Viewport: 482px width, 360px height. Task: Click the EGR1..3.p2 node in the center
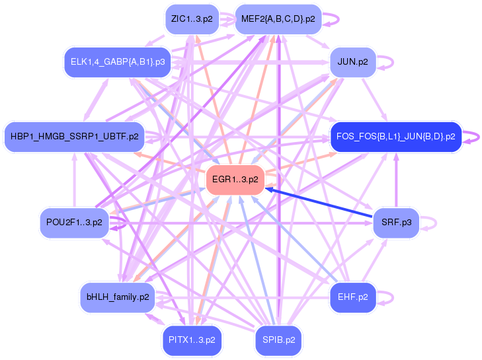[x=235, y=180]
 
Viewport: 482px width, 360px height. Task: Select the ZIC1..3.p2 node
[x=192, y=19]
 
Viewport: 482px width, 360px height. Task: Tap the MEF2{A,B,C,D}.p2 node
[x=278, y=19]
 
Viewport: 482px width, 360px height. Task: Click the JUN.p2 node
[x=352, y=62]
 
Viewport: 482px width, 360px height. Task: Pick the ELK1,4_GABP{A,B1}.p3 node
[x=118, y=62]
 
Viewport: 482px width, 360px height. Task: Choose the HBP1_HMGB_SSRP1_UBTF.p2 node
[x=75, y=137]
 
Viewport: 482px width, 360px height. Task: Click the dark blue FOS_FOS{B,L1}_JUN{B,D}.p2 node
[x=396, y=137]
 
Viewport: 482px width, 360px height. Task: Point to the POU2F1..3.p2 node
[x=75, y=223]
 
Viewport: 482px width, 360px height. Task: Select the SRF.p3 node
[x=396, y=223]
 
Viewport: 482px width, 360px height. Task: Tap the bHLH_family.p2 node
[x=118, y=297]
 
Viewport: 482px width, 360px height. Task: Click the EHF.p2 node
[x=352, y=297]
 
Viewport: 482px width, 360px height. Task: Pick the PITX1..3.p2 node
[x=192, y=340]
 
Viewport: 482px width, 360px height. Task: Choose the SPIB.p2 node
[x=278, y=340]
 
